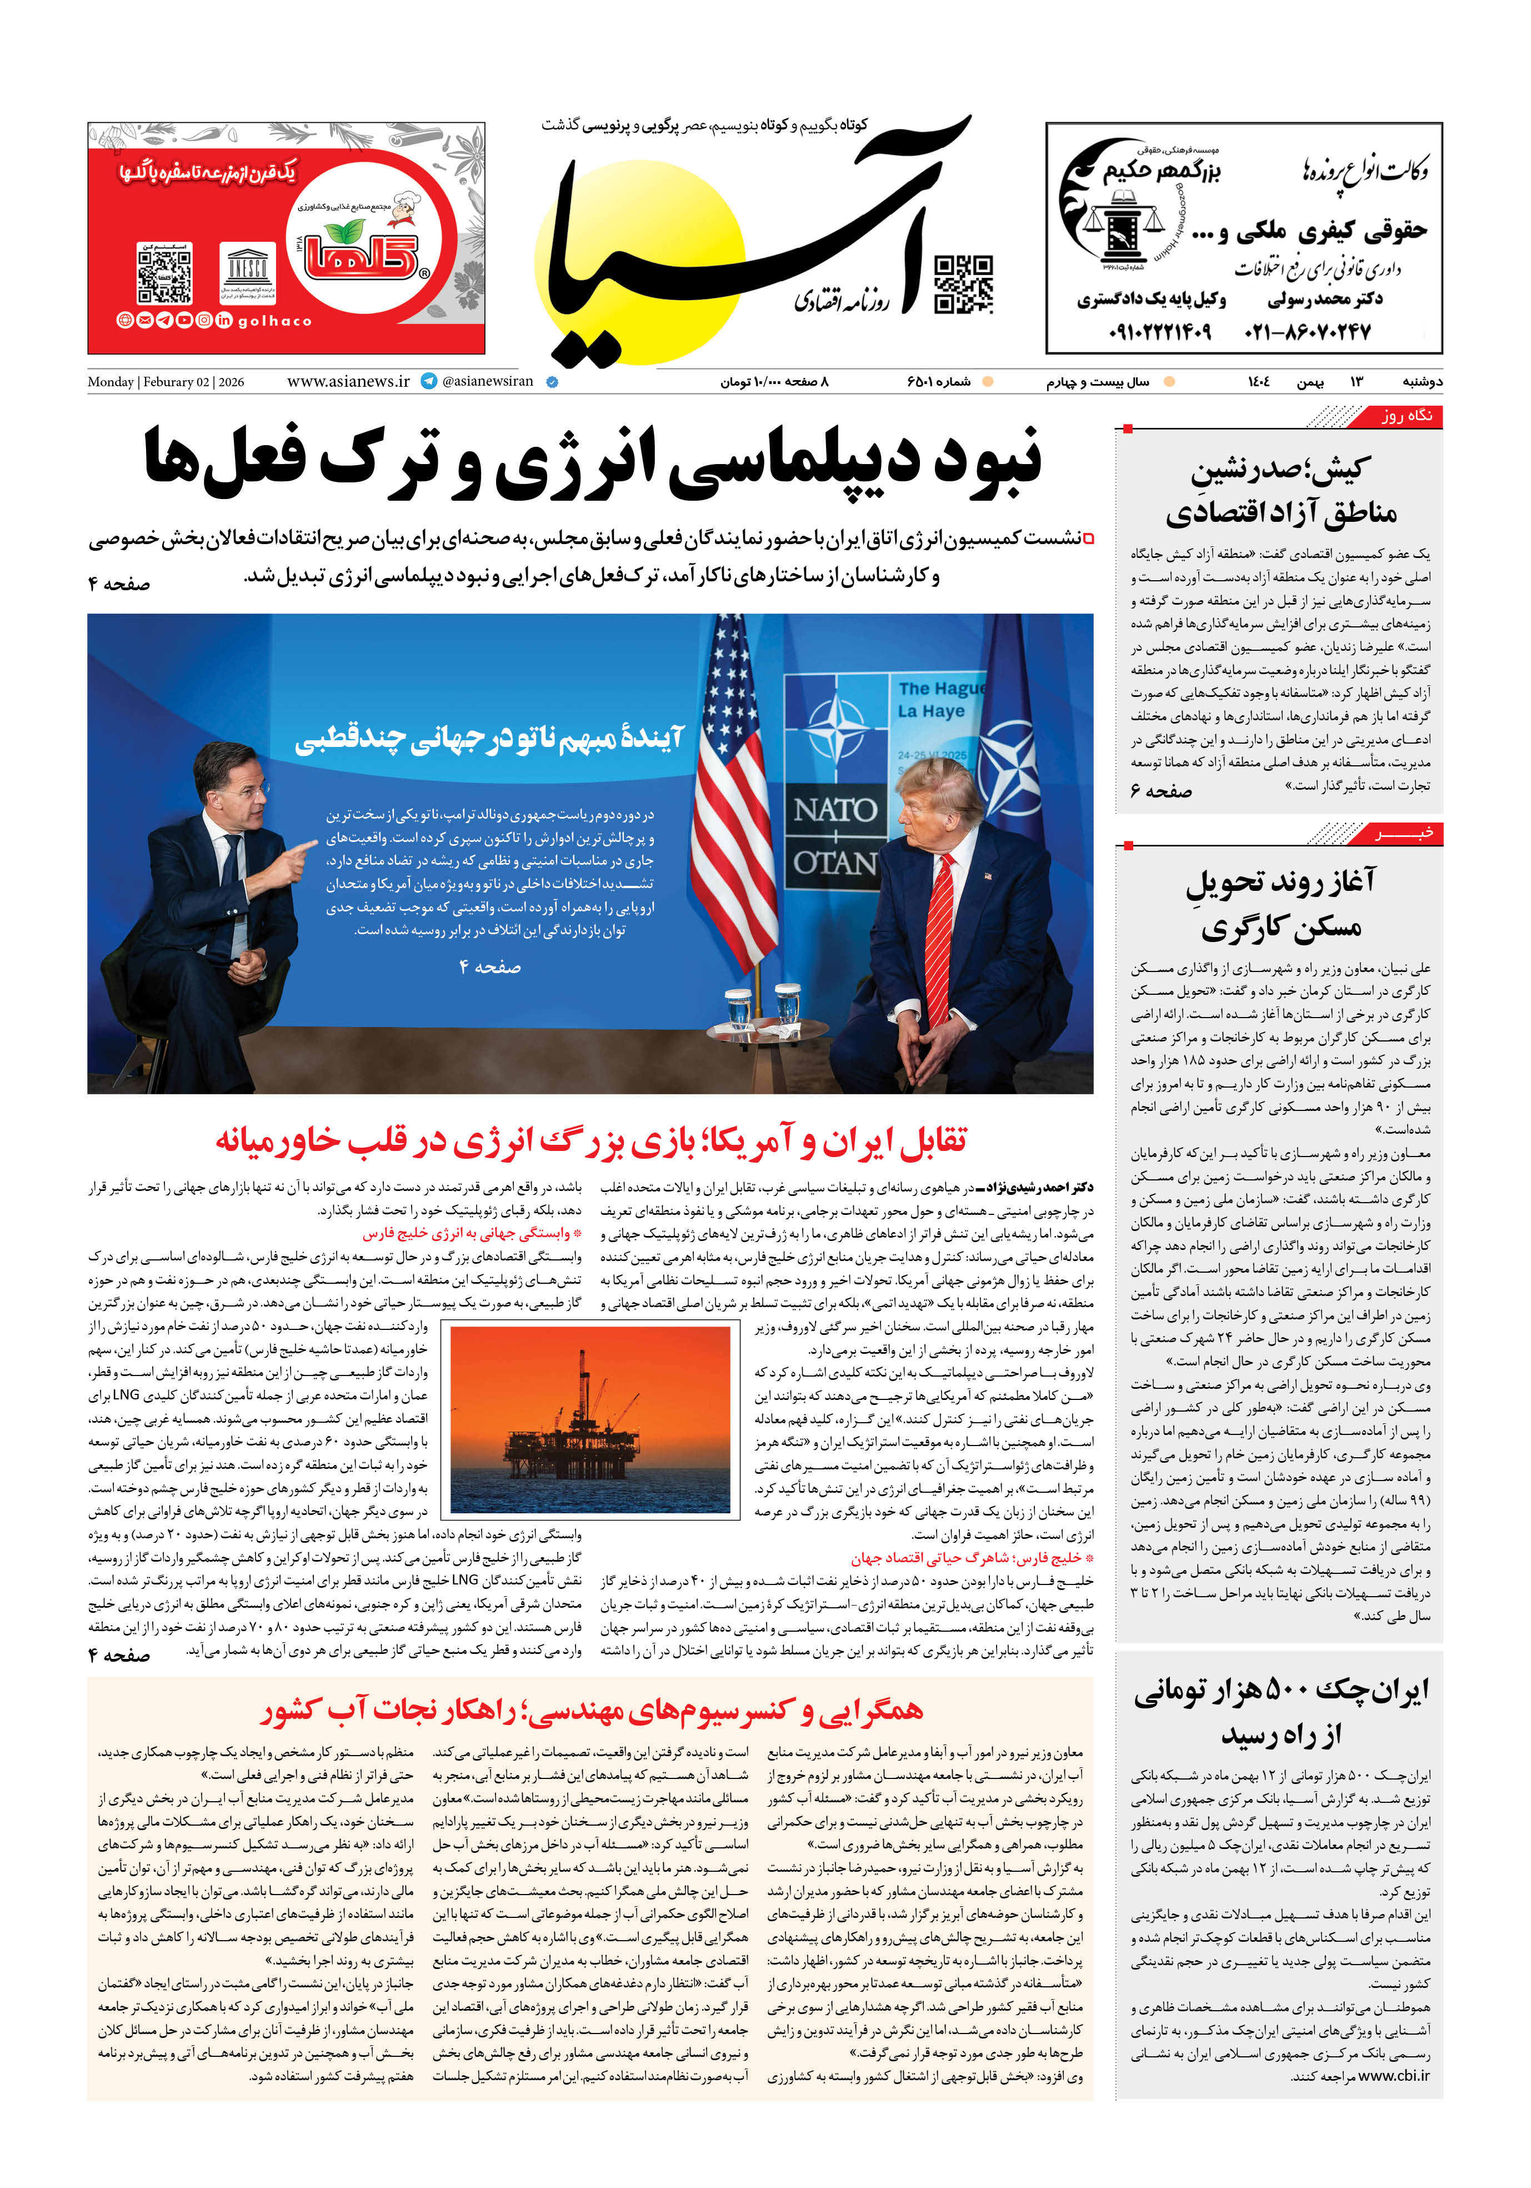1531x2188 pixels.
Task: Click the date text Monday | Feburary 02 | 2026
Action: coord(166,382)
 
